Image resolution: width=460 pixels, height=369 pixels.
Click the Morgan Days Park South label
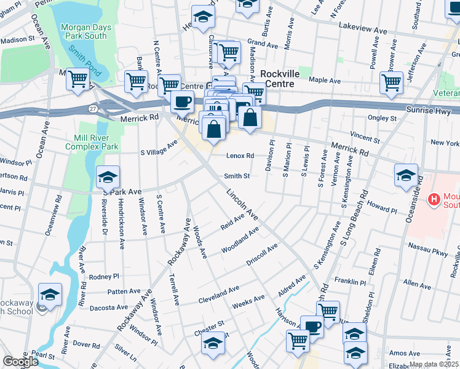pos(84,31)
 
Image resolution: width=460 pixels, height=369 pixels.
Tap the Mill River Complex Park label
pos(95,143)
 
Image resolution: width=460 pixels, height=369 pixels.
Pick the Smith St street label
pos(237,176)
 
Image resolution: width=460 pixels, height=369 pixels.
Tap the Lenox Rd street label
pos(240,156)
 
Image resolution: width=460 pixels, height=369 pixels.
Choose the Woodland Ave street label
pos(240,242)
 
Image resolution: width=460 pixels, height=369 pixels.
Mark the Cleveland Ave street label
pos(218,294)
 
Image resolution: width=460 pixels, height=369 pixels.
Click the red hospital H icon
pos(435,199)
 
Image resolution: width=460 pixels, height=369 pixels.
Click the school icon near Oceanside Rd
pos(406,174)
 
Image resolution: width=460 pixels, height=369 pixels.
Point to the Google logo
pos(20,362)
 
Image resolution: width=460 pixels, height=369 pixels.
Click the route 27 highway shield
pos(93,108)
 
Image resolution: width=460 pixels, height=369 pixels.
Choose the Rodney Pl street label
pos(103,276)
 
